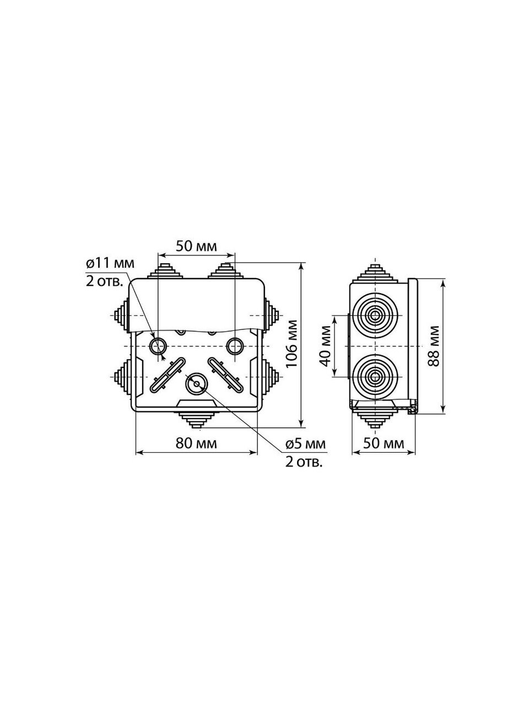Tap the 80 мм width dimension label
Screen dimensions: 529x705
[x=196, y=443]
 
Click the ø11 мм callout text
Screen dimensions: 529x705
[x=110, y=264]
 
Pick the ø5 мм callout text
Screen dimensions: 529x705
[x=305, y=444]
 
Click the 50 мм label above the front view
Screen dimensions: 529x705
[x=196, y=246]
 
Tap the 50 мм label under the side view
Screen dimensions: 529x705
[x=384, y=443]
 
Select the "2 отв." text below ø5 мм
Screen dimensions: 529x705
[x=304, y=462]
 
